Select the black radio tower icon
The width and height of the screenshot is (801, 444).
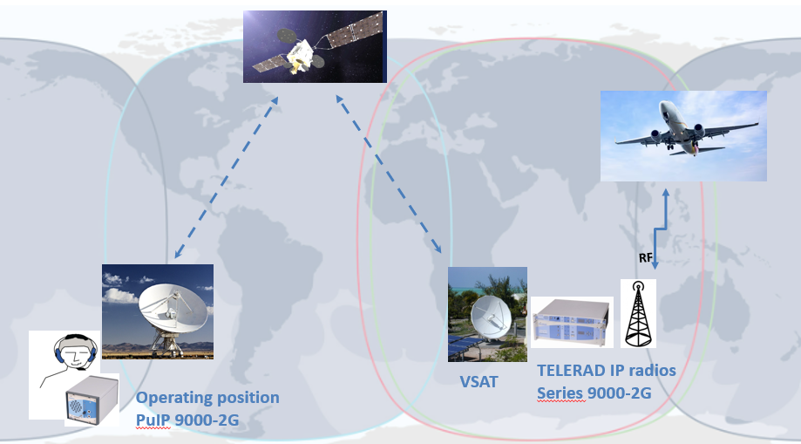pyautogui.click(x=638, y=313)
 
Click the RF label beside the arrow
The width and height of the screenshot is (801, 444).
pyautogui.click(x=645, y=258)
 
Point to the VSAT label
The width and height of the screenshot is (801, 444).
pyautogui.click(x=479, y=381)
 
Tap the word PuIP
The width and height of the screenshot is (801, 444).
pyautogui.click(x=153, y=420)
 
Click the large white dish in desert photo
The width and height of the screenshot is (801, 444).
pyautogui.click(x=173, y=309)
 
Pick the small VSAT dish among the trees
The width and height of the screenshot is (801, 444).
pyautogui.click(x=490, y=318)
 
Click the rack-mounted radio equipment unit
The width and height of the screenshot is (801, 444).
pyautogui.click(x=572, y=322)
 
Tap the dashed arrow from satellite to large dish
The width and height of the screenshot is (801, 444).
pyautogui.click(x=227, y=177)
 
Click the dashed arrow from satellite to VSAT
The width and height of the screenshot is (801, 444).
pyautogui.click(x=388, y=174)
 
